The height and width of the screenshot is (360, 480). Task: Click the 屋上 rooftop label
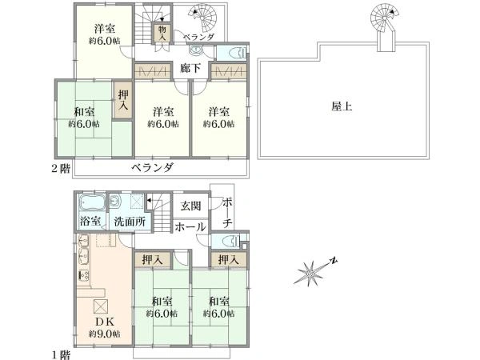(342, 106)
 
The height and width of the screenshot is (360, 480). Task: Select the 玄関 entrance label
(190, 206)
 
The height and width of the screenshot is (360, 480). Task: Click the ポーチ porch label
(227, 213)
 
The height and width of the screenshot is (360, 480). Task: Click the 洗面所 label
(130, 222)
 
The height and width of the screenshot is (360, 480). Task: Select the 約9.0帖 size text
(104, 334)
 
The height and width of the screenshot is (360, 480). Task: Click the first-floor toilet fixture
(232, 241)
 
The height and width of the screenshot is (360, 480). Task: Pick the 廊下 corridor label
(190, 68)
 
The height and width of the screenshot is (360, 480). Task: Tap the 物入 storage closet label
(162, 33)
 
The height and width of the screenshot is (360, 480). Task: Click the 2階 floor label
(60, 169)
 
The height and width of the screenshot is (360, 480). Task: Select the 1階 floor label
(60, 355)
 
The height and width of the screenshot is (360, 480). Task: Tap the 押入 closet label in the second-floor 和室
(123, 101)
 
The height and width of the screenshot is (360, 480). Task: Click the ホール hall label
(190, 227)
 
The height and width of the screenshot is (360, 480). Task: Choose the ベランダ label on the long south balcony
(153, 168)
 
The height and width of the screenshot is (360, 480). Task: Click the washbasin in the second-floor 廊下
(194, 50)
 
